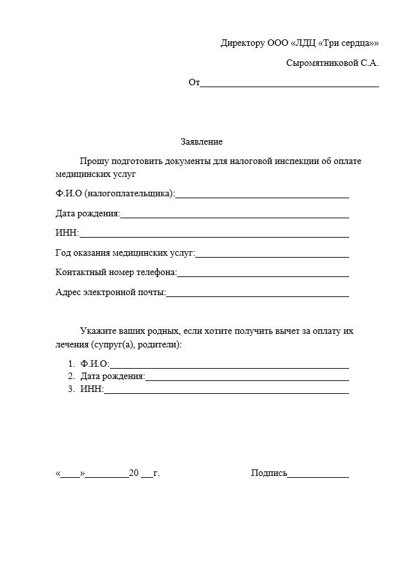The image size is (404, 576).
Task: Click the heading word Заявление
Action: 201,142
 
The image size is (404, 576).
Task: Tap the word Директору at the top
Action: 242,44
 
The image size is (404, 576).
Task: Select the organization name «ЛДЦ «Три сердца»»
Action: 335,44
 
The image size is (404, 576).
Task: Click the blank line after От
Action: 290,85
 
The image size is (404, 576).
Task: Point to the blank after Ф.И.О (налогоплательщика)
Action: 262,195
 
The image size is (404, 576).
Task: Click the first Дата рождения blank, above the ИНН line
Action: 235,216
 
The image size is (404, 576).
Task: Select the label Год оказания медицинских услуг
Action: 125,253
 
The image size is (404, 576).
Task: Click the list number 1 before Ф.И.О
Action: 71,364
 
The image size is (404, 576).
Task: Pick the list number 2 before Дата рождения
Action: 71,376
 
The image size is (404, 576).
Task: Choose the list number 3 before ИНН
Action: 71,389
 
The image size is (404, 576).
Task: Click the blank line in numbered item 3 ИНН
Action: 226,392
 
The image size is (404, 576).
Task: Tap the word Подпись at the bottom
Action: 269,473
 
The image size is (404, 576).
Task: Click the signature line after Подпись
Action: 318,476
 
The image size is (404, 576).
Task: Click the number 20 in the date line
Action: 134,473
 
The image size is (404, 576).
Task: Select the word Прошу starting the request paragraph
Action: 93,161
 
